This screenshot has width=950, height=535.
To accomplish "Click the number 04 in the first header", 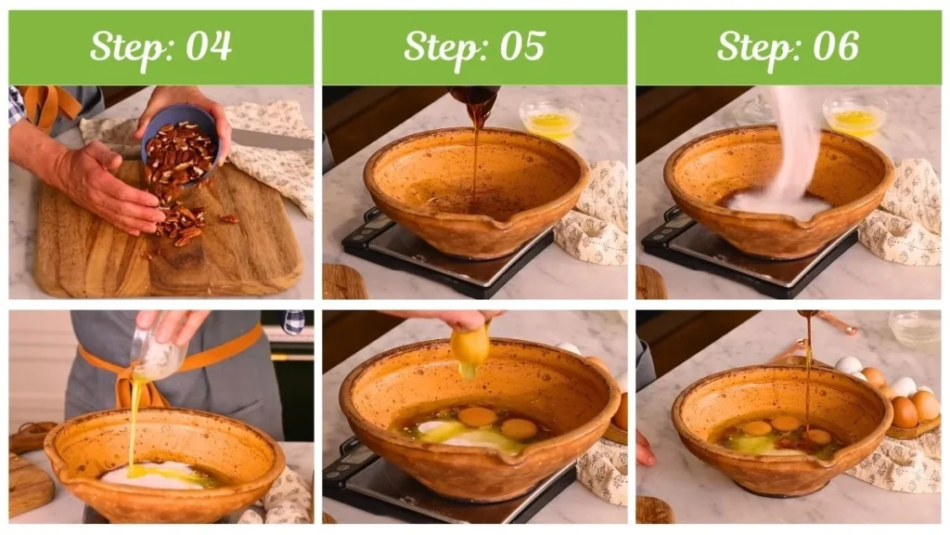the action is tap(209, 46).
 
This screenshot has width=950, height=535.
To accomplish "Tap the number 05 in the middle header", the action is tap(522, 46).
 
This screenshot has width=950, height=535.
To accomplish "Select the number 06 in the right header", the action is tap(836, 46).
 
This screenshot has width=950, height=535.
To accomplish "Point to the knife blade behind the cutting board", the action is tap(272, 139).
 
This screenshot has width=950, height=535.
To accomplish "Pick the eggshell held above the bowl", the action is tap(470, 349).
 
